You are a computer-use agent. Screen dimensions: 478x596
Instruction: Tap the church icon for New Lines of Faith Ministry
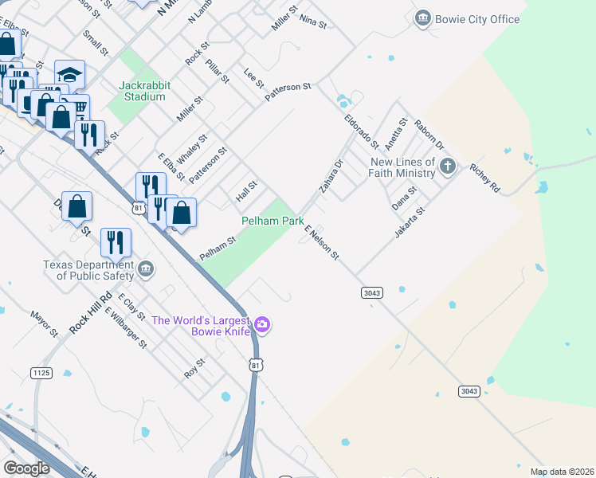[x=449, y=167]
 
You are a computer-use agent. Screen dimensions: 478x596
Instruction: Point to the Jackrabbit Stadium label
[x=142, y=91]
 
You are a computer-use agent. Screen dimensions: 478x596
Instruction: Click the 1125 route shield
[x=41, y=373]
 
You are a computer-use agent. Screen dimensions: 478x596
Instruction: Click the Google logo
[x=26, y=468]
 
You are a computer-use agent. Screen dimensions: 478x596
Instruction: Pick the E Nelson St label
[x=322, y=242]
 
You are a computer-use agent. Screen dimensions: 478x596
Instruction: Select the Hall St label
[x=246, y=190]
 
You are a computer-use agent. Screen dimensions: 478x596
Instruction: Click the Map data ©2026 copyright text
[x=561, y=471]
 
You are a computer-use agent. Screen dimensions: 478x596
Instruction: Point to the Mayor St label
[x=45, y=323]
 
